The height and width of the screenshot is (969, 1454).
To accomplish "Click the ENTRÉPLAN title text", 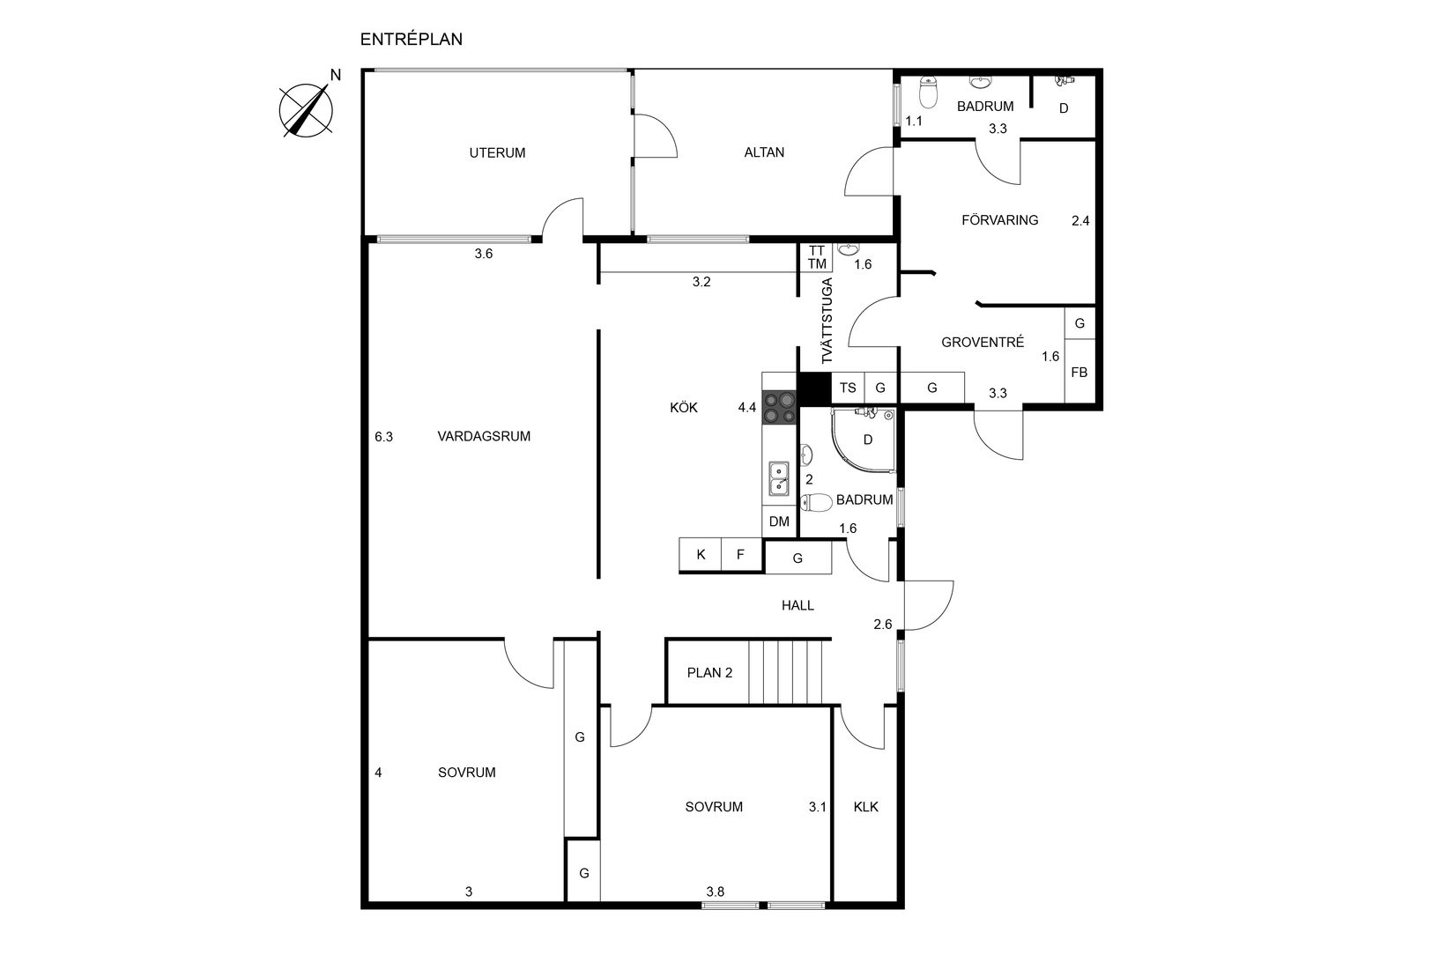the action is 411,40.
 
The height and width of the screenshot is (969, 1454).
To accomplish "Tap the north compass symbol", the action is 307,110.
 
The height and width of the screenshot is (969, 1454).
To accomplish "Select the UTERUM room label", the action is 497,153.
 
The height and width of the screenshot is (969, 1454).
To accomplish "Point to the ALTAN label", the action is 764,152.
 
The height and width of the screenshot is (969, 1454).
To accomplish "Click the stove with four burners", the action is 780,408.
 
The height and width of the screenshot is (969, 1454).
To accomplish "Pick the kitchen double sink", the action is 779,478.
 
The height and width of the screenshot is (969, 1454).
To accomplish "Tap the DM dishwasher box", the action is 779,521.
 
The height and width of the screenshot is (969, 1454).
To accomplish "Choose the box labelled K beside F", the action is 701,554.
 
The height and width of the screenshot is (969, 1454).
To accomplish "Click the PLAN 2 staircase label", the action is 709,673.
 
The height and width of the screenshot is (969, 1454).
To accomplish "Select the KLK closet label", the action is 866,807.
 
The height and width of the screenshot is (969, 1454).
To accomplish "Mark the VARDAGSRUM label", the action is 484,436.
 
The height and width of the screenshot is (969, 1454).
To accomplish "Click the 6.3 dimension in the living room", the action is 383,437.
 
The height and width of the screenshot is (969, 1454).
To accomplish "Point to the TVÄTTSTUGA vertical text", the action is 827,321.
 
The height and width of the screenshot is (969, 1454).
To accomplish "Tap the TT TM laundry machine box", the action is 817,257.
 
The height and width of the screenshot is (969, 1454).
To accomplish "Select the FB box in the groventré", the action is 1079,373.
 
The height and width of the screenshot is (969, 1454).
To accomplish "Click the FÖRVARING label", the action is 999,220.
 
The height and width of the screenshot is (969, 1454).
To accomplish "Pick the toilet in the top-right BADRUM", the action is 929,92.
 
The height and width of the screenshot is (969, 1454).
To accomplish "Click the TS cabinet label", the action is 848,388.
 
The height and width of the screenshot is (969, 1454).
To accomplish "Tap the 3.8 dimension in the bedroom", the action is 716,891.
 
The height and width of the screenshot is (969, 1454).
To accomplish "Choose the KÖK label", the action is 684,408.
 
